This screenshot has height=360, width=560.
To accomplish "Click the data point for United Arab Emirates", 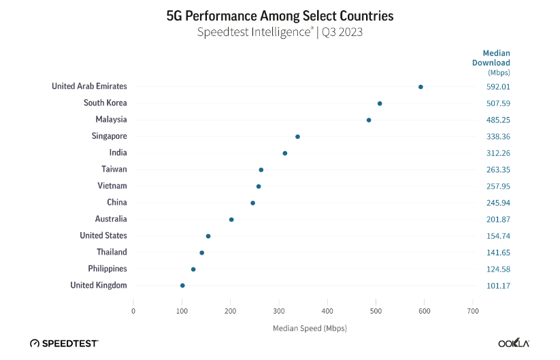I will [x=421, y=87].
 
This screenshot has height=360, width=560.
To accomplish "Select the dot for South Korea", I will [x=380, y=103].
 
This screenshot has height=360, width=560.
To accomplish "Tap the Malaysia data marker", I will [x=369, y=120].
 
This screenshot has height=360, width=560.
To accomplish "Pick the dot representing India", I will [x=285, y=153].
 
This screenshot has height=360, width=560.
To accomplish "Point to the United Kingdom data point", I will [x=182, y=286].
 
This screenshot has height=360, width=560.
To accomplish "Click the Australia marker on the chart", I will [x=231, y=220].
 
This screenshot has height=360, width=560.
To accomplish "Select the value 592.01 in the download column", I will [x=497, y=86].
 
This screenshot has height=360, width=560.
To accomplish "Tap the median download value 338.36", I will [x=497, y=136].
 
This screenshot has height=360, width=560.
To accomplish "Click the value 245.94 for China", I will [x=497, y=202].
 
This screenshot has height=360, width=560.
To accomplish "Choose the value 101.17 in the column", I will [x=497, y=285].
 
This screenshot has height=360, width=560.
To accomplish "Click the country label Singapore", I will [x=109, y=136].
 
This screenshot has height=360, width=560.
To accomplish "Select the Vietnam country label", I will [x=112, y=186].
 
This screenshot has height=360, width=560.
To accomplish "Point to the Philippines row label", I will [x=107, y=269].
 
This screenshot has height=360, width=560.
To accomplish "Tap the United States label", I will [x=103, y=235].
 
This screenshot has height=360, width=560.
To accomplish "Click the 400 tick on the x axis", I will [x=327, y=311].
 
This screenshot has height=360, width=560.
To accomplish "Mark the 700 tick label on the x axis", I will [x=472, y=311].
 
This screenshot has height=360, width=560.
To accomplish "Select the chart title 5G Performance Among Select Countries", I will [x=280, y=15].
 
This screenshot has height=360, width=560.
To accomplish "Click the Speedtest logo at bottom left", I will [x=64, y=343].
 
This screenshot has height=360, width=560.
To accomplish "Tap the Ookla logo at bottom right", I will [x=514, y=343].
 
